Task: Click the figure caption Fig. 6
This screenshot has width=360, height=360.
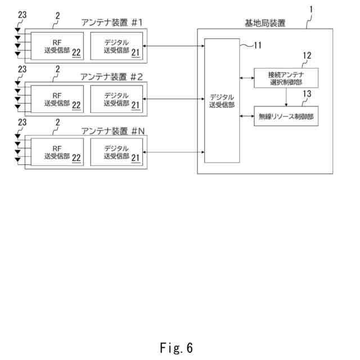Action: click(x=176, y=348)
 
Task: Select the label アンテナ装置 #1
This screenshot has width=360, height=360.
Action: click(x=112, y=22)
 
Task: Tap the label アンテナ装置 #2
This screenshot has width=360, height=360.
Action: click(x=111, y=76)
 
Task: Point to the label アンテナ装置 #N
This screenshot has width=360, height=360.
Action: click(x=113, y=131)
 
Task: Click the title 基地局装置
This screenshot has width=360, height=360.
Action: click(x=265, y=23)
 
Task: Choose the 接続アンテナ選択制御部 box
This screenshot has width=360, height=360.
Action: click(x=286, y=78)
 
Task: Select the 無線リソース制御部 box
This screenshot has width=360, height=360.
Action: click(x=286, y=116)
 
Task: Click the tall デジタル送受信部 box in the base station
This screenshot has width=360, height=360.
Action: click(x=222, y=101)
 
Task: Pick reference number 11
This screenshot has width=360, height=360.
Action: click(x=258, y=45)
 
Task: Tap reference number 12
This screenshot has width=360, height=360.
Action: click(x=307, y=55)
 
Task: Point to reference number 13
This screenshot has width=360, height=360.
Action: click(x=307, y=94)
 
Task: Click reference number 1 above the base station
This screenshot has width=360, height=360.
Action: click(x=311, y=10)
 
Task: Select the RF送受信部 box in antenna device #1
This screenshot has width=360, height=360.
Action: click(x=57, y=46)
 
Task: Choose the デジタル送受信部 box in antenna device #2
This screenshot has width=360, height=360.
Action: click(x=116, y=99)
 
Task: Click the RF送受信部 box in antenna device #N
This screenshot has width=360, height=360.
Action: click(x=57, y=152)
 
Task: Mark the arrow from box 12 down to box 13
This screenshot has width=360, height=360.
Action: click(x=286, y=97)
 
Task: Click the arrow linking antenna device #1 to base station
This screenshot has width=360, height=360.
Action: click(x=174, y=46)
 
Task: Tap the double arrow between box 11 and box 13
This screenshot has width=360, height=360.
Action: click(x=247, y=116)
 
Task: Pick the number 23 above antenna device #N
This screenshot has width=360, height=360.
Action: click(x=22, y=122)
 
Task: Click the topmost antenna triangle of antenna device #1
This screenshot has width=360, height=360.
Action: click(x=17, y=30)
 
